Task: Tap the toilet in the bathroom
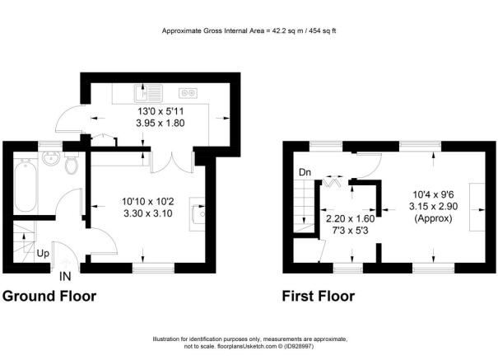click(x=72, y=167)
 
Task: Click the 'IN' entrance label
click(x=64, y=276)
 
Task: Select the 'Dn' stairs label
click(x=304, y=172)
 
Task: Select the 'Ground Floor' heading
click(x=50, y=296)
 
